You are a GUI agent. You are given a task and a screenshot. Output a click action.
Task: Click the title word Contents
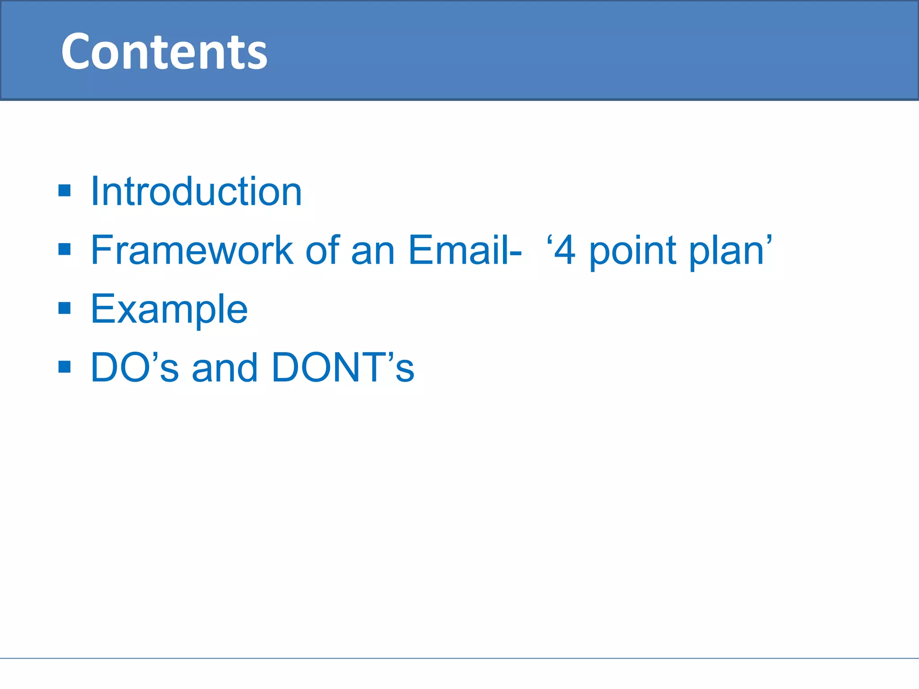click(164, 52)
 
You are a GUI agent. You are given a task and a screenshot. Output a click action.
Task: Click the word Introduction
click(196, 192)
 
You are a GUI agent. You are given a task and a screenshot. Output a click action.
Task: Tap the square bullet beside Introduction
click(65, 191)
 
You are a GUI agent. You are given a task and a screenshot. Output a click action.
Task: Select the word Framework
click(192, 250)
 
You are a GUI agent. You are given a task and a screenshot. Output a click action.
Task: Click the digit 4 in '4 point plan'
click(565, 251)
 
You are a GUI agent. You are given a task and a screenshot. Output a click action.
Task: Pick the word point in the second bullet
click(632, 252)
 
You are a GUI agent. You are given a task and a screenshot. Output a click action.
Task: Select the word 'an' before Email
click(372, 252)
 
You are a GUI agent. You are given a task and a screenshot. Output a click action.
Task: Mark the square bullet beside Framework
click(65, 249)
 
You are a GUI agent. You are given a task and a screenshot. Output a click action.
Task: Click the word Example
click(169, 310)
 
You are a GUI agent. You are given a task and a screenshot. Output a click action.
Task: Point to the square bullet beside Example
click(65, 308)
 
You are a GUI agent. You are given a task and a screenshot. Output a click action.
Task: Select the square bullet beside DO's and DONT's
click(65, 367)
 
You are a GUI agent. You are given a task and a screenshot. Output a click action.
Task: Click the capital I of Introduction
click(94, 192)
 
